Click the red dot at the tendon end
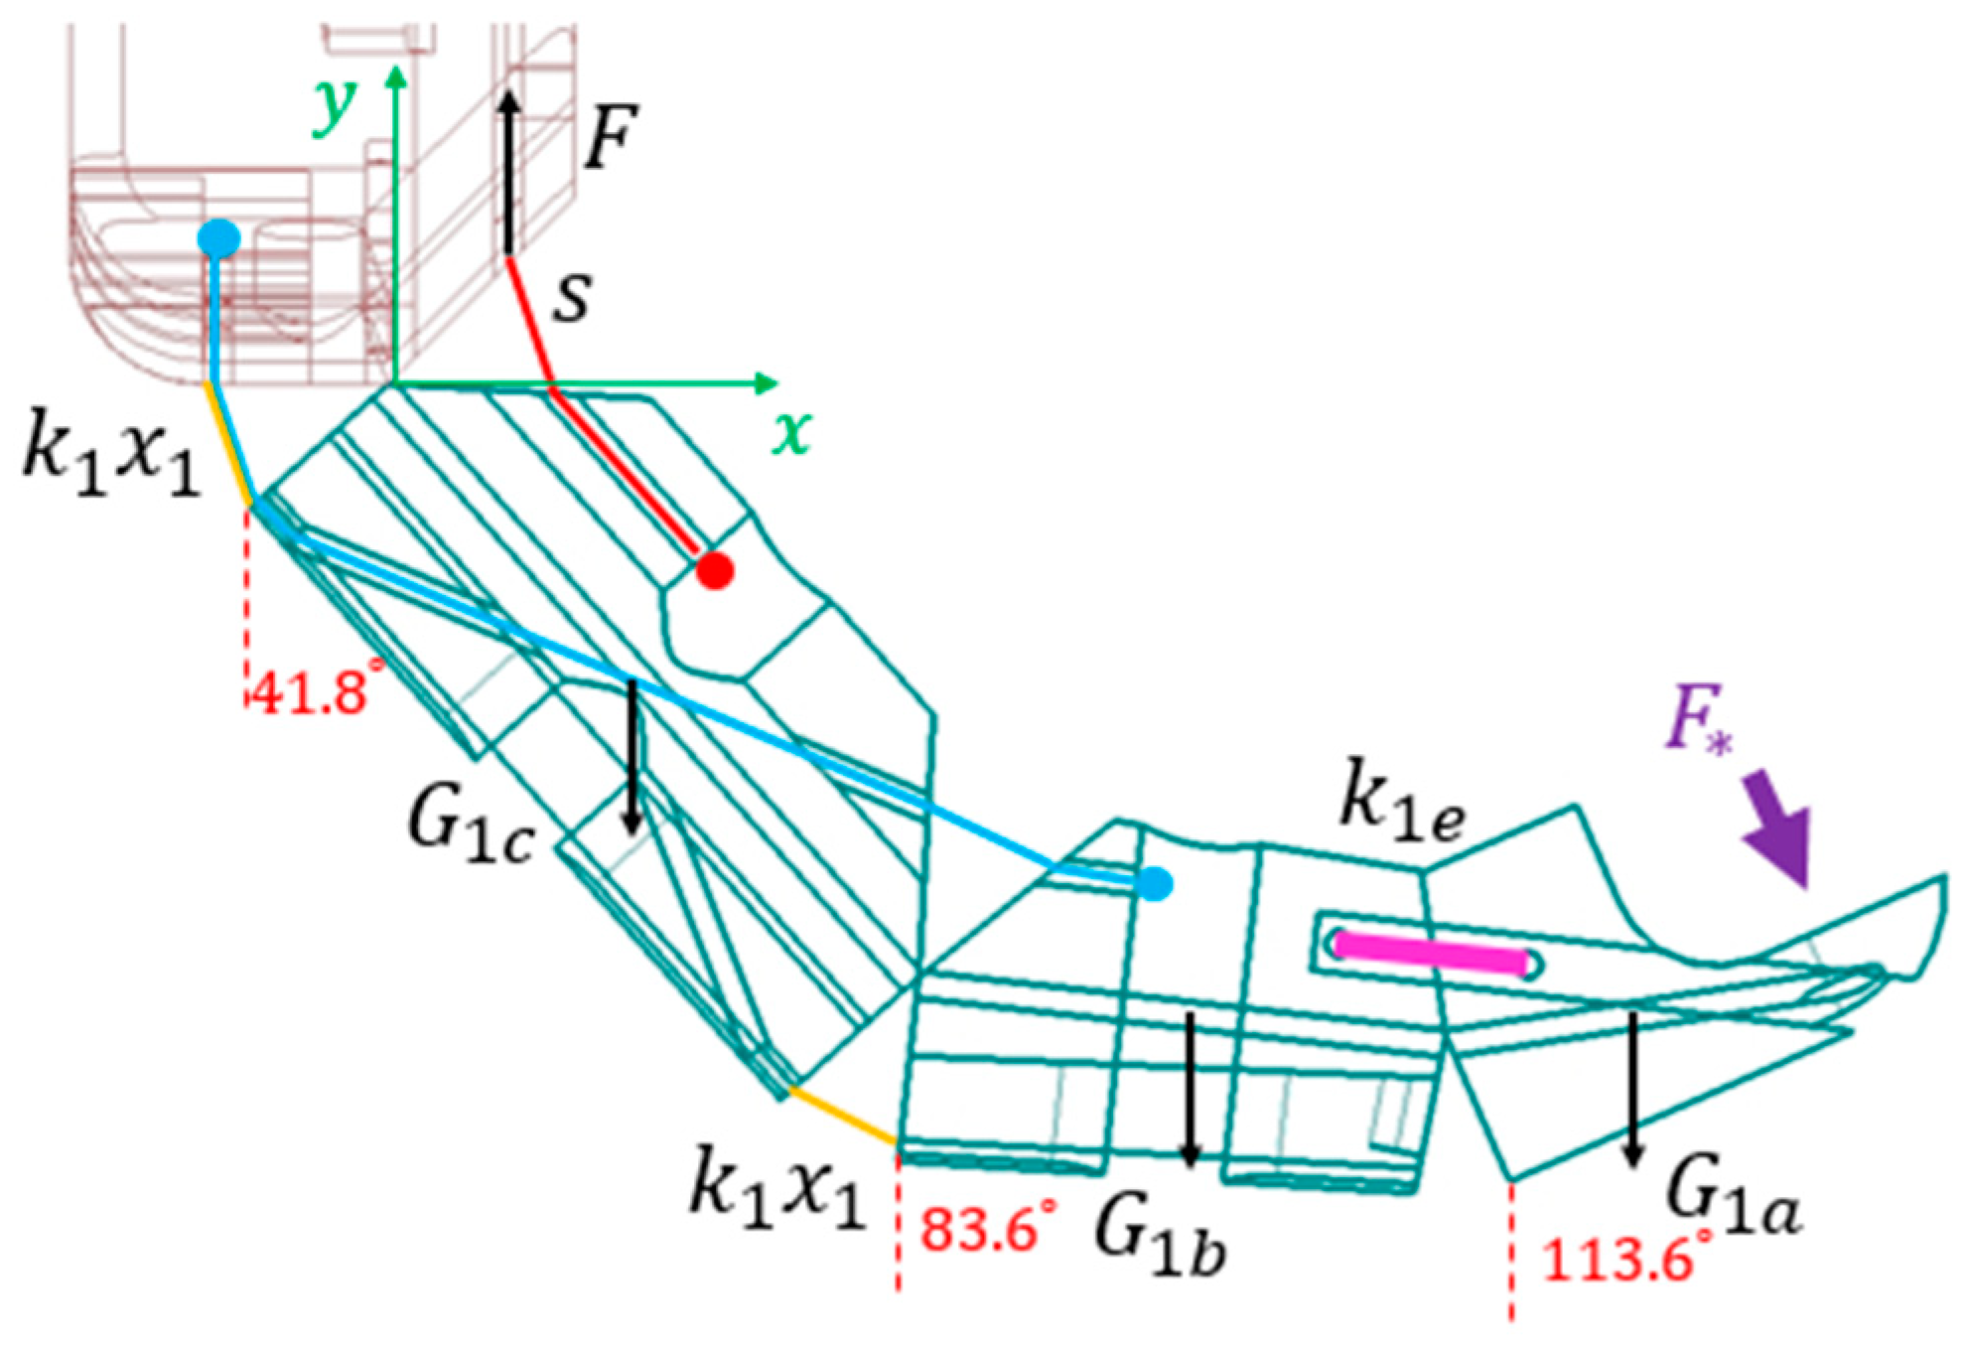click(714, 571)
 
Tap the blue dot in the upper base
click(218, 239)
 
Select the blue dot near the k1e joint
click(1153, 882)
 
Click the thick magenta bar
click(1431, 953)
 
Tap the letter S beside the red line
click(572, 296)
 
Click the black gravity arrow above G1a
click(1631, 1088)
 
